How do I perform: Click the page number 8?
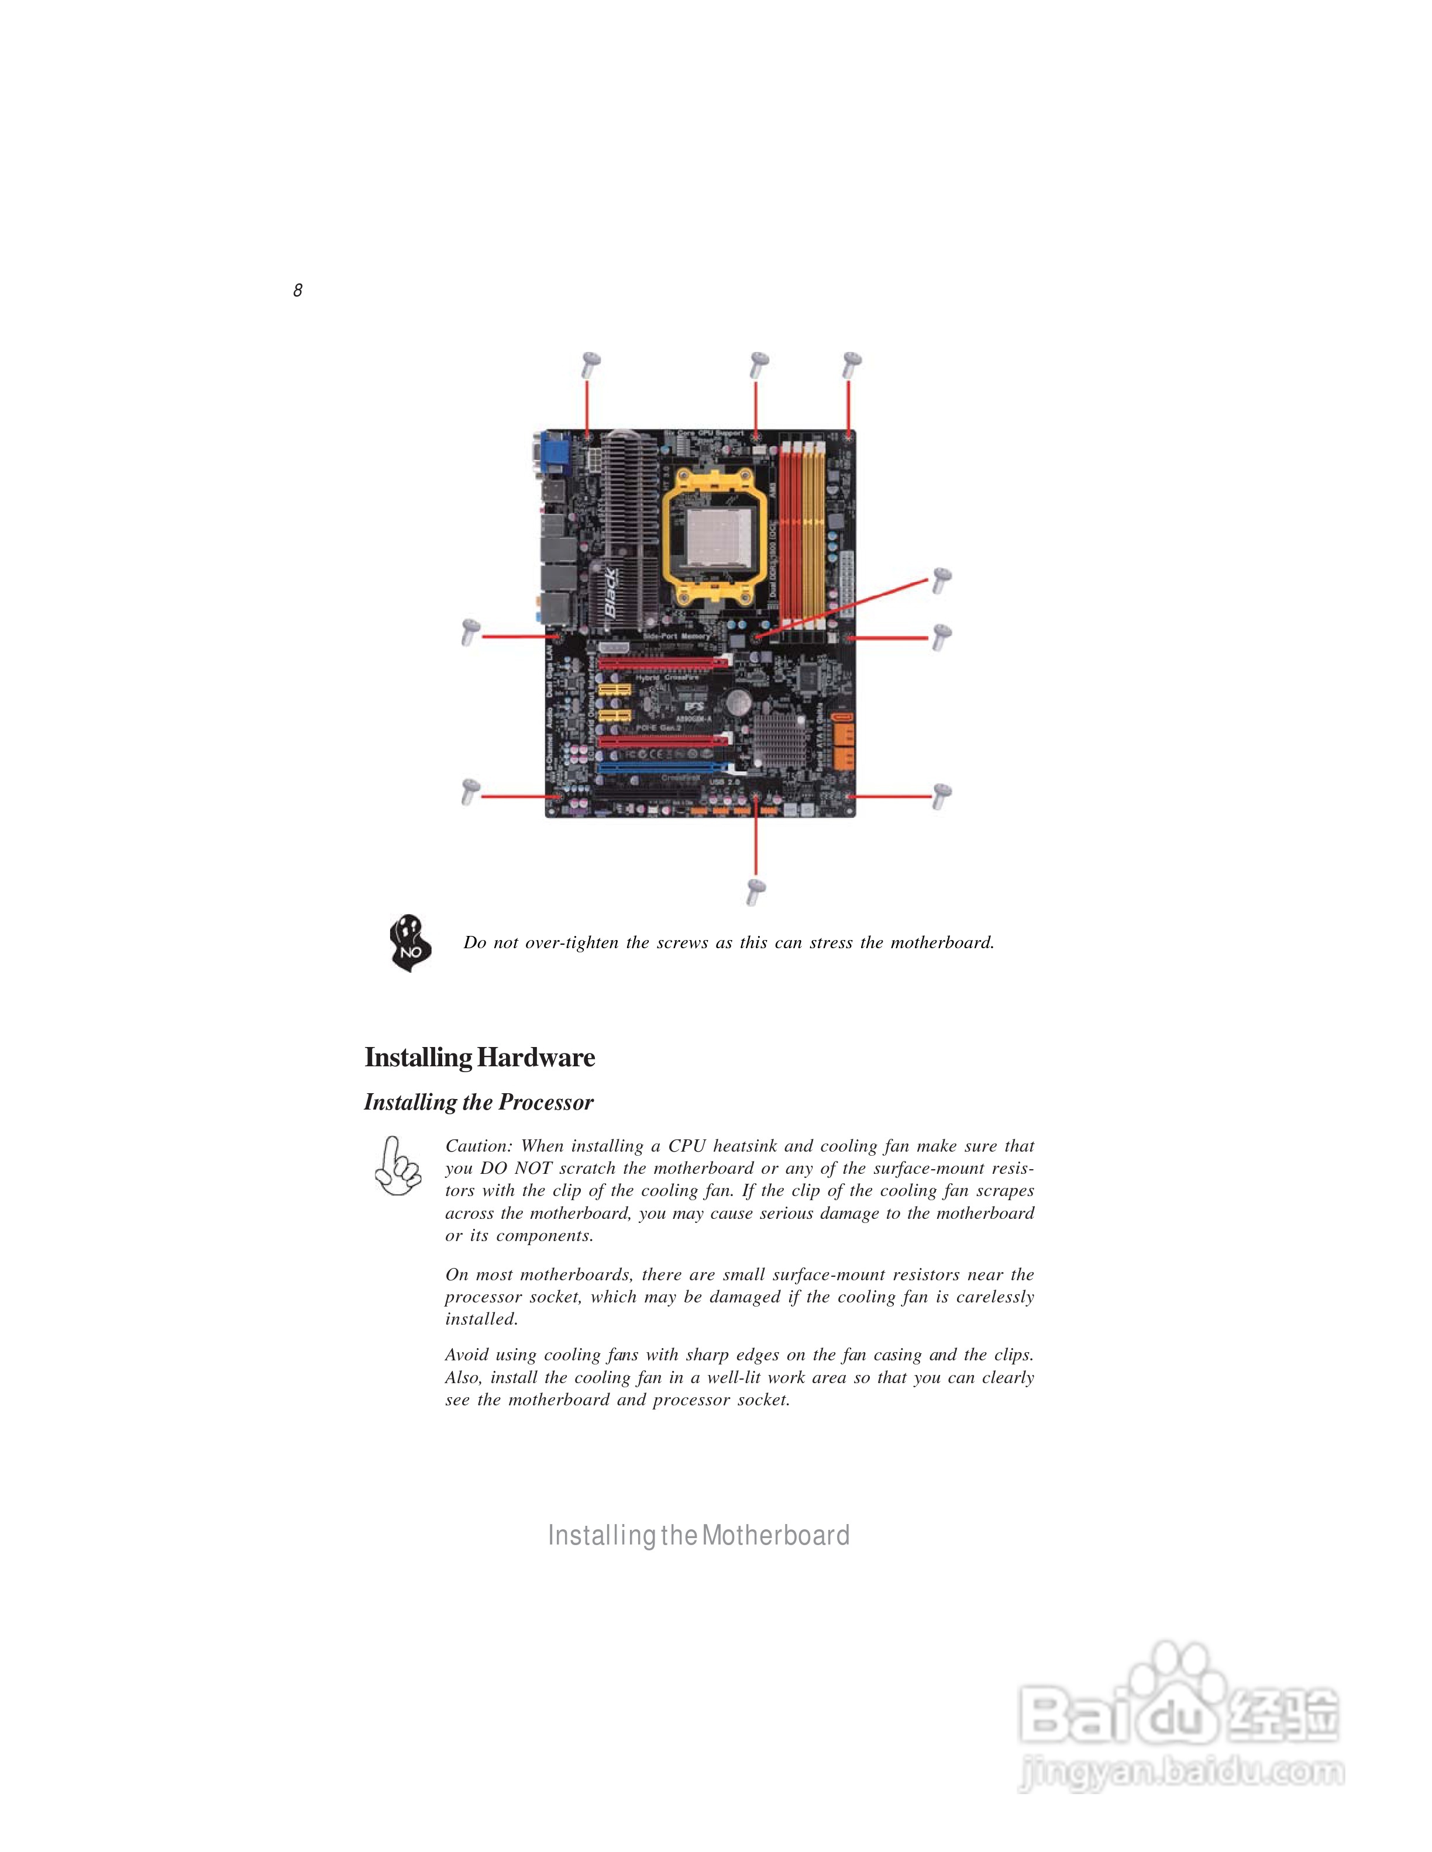click(x=298, y=290)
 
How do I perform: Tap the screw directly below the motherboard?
click(x=756, y=892)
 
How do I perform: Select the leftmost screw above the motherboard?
click(x=590, y=365)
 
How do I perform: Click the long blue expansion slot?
click(x=662, y=768)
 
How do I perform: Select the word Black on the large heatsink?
click(x=611, y=593)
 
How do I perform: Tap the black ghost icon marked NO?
click(x=409, y=943)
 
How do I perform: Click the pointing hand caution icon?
click(x=397, y=1167)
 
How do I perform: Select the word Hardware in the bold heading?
click(x=536, y=1058)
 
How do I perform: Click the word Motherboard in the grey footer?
click(x=776, y=1535)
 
